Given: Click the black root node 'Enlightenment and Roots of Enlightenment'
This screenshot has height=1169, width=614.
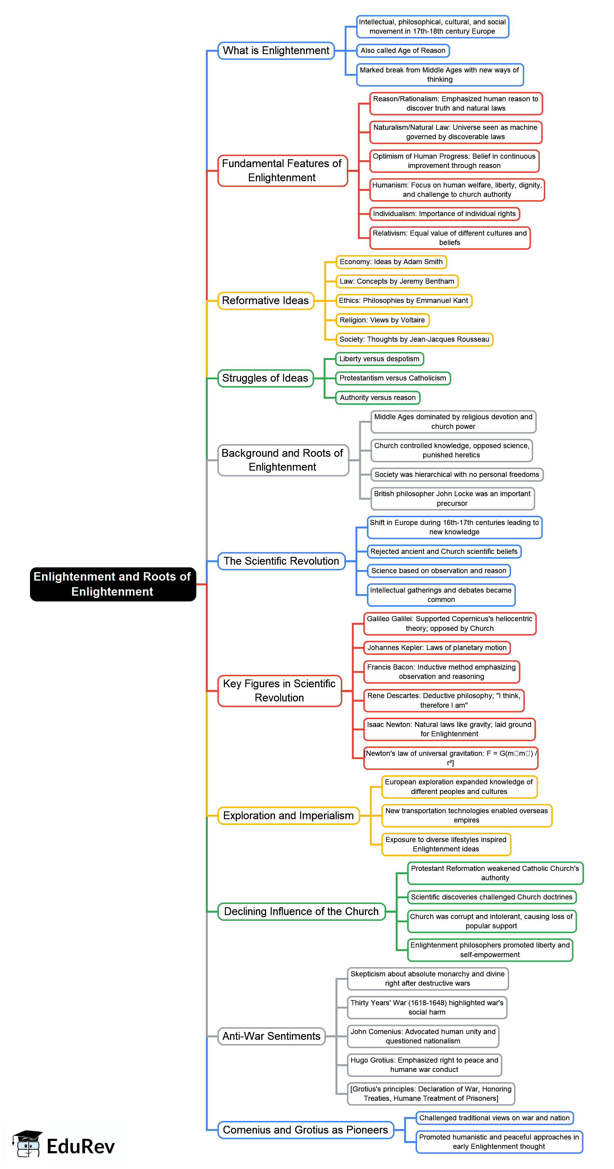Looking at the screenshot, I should pos(113,584).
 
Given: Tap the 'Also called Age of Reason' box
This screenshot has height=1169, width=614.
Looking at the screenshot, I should pos(403,50).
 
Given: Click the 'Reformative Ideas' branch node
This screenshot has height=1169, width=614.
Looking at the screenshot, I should pos(265,301).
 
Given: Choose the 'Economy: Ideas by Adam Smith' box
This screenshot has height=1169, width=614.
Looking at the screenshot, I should pos(391,262).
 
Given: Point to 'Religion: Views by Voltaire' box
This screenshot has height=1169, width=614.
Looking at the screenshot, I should pos(382,320).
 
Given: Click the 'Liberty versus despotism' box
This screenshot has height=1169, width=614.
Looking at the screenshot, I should pos(379,359).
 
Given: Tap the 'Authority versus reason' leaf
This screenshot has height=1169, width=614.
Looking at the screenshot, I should pos(377,398).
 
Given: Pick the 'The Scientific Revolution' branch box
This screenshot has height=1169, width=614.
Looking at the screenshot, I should pos(281,561).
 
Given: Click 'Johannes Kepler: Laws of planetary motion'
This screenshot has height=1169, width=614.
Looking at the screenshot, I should pos(437,648).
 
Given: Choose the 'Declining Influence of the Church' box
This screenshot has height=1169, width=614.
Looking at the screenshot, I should pos(301,911).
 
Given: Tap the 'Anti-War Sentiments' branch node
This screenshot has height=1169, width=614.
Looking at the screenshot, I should pos(271,1036).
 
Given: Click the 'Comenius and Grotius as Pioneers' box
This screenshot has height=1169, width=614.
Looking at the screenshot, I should pos(305,1130).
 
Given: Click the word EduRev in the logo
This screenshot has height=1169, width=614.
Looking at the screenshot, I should pos(81,1146).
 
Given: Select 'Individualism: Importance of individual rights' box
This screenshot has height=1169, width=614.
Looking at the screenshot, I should pos(444,214).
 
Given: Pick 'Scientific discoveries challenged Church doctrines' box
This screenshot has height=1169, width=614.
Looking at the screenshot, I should pos(492,897).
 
